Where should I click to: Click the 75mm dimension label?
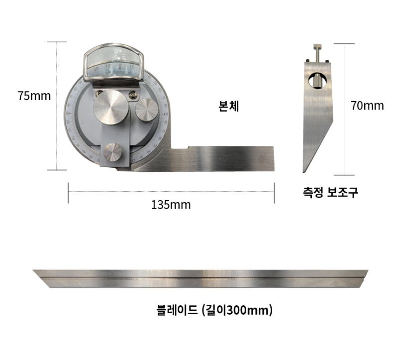coord(34,96)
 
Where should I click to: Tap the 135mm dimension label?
coord(171,205)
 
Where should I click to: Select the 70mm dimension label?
coord(367,106)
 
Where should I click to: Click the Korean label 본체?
coord(228,107)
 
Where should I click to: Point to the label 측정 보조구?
coord(330,193)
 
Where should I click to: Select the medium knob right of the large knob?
coord(147,109)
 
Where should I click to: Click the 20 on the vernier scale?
coord(96,68)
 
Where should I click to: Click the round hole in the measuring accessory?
coord(317,80)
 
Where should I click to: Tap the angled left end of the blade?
coord(42,276)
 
